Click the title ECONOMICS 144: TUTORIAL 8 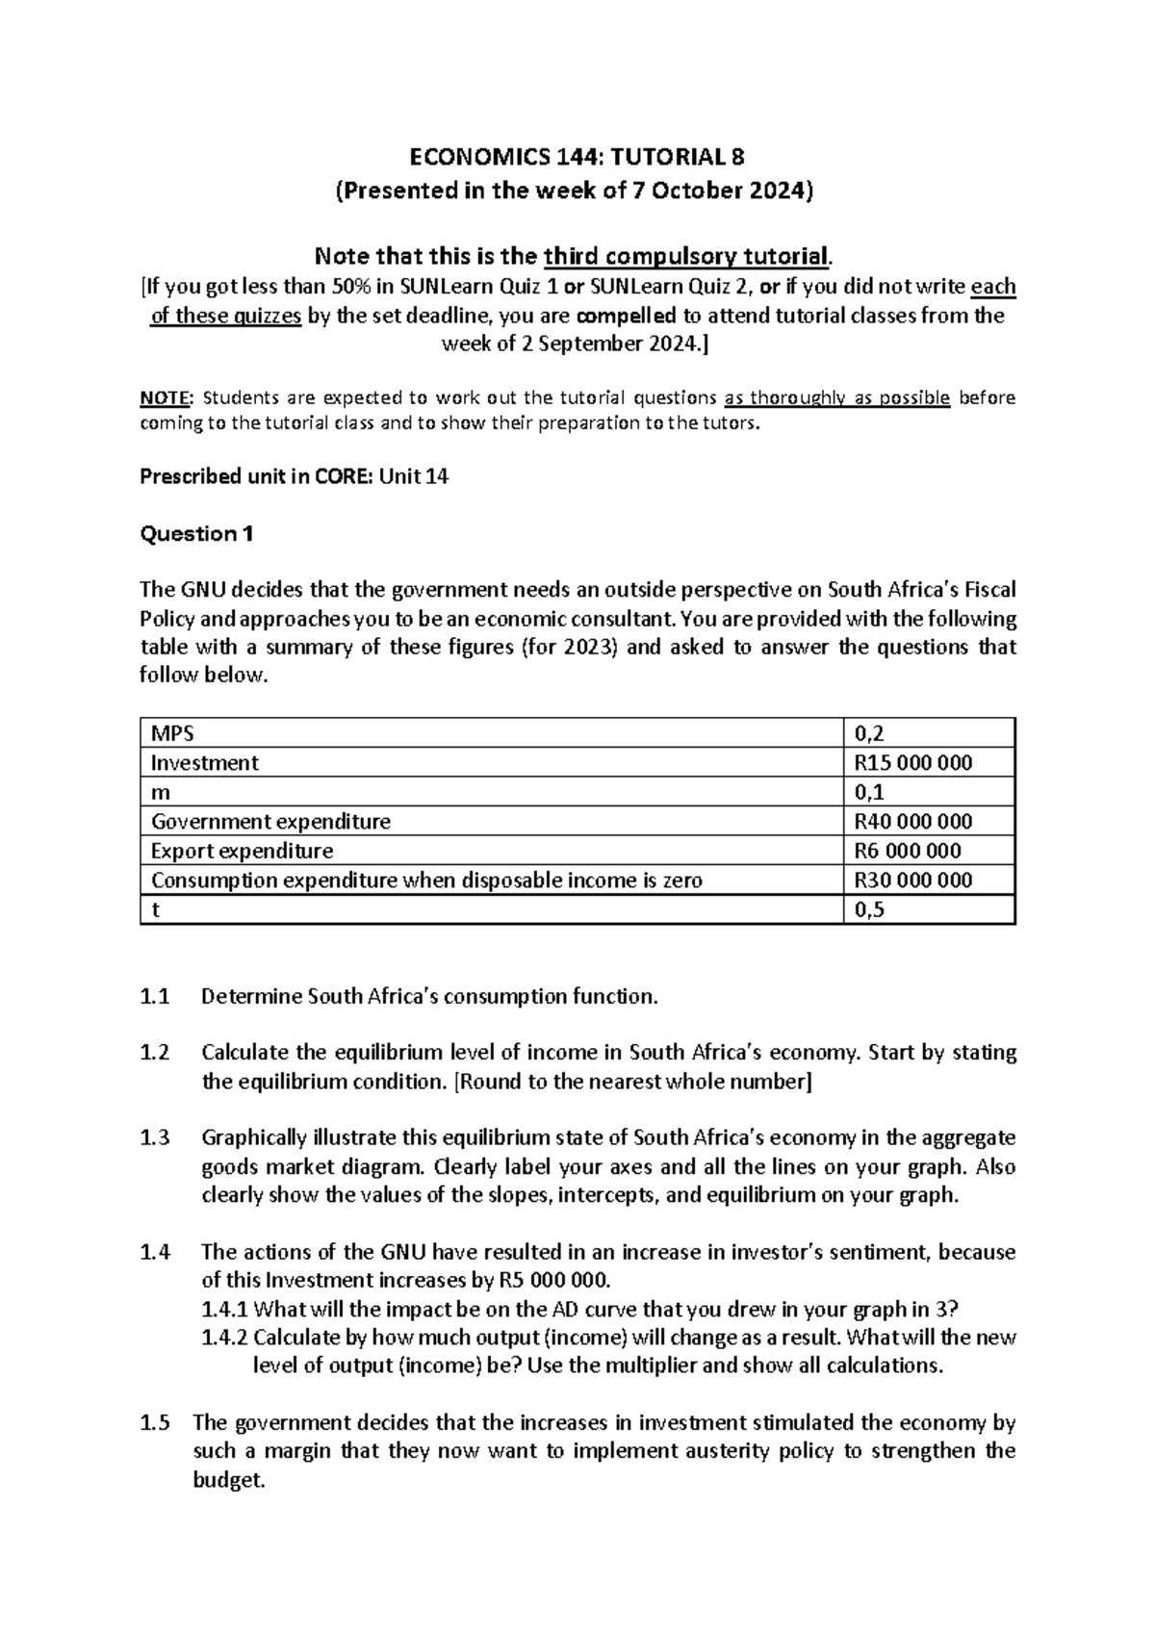pos(577,157)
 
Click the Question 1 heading pos(196,534)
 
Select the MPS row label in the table pos(172,733)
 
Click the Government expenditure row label pos(270,822)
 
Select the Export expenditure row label pos(242,851)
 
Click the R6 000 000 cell pos(907,851)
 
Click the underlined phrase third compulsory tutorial pos(685,257)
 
